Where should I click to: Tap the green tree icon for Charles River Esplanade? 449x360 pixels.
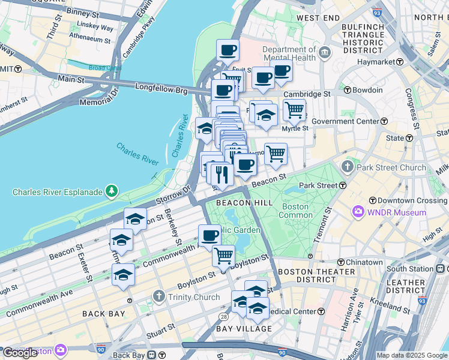click(x=112, y=191)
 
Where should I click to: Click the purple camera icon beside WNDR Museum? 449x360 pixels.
click(x=359, y=212)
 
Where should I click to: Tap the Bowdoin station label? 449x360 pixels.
click(x=367, y=90)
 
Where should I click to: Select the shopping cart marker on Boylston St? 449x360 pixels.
click(x=223, y=256)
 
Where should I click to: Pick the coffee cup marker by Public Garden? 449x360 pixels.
click(x=209, y=235)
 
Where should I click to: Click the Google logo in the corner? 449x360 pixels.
click(x=20, y=352)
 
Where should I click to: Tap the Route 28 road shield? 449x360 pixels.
click(x=223, y=316)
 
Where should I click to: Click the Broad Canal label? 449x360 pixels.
click(x=105, y=68)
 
